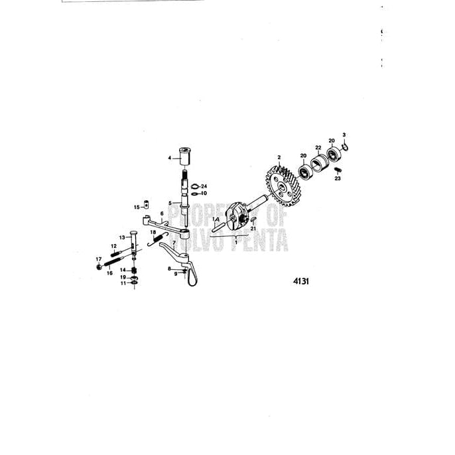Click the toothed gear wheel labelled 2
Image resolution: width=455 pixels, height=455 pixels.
coord(281,182)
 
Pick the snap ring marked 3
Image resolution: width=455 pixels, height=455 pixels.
coord(345,148)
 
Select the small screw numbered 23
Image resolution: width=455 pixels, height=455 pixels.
coord(338,170)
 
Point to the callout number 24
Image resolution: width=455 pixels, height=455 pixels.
coord(205,186)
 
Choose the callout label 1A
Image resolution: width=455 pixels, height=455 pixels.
coord(216,219)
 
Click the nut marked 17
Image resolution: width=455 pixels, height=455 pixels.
coord(98,267)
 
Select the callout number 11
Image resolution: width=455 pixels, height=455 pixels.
coord(123,283)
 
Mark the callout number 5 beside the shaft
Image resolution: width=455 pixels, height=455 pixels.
coord(170,203)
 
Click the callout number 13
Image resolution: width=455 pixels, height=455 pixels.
coord(123,237)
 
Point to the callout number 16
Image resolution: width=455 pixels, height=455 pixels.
coord(110,273)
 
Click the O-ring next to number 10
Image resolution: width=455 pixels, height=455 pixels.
coord(194,194)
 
